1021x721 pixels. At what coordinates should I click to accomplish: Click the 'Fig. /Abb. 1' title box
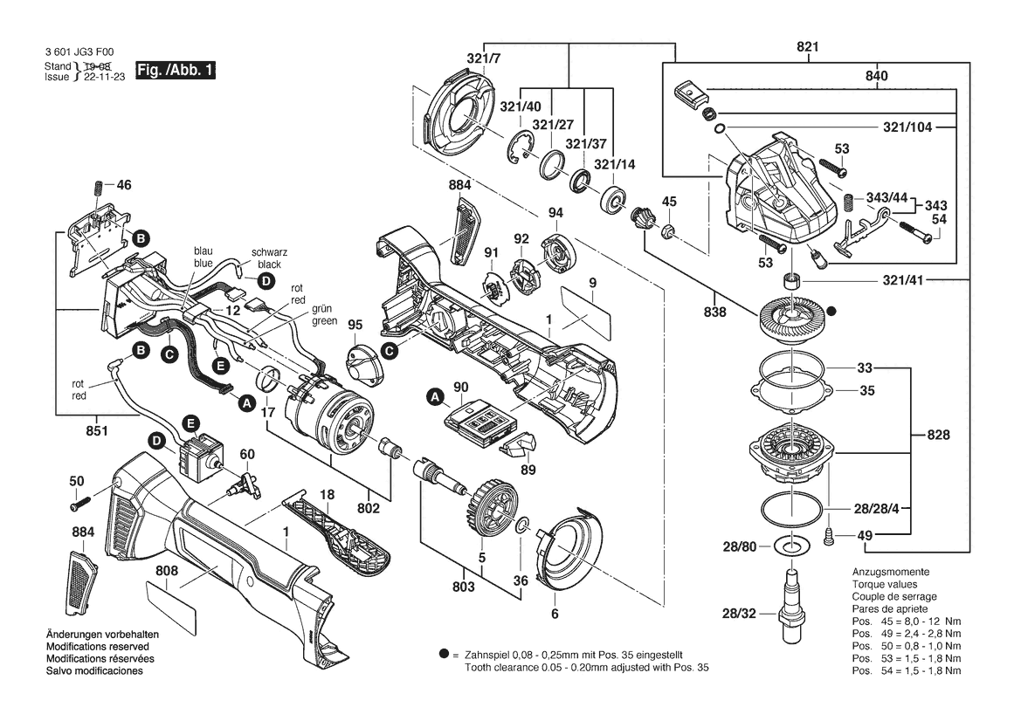point(176,70)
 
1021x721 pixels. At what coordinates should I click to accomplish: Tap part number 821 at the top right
point(807,47)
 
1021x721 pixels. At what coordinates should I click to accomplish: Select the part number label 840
point(876,75)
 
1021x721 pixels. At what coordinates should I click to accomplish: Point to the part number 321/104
point(907,127)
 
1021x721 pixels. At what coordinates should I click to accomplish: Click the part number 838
point(715,312)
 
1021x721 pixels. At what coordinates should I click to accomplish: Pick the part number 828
point(938,435)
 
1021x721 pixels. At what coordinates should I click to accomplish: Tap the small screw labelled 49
point(828,536)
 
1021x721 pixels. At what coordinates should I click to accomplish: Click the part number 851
point(97,431)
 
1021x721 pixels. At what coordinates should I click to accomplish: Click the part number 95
point(355,325)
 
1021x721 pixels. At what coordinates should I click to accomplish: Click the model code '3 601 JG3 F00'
point(79,52)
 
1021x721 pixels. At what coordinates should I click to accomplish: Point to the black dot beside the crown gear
point(831,312)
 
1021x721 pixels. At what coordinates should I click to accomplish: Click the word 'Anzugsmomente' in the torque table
point(891,572)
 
